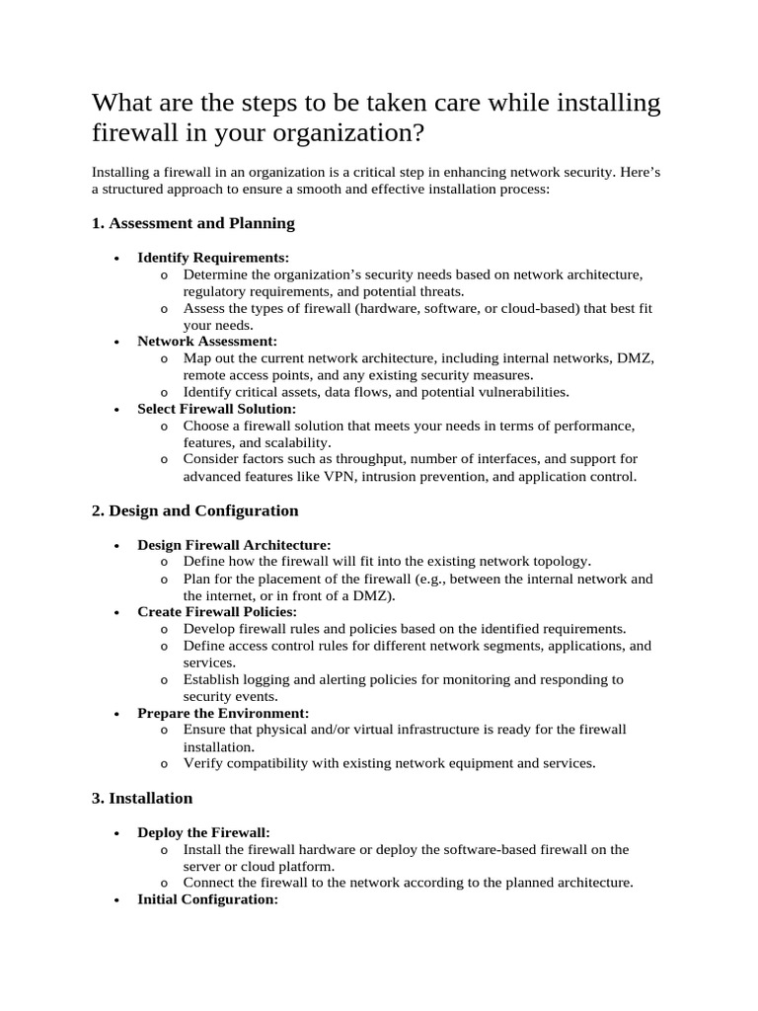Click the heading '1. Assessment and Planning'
click(192, 223)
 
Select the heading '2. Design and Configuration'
click(194, 510)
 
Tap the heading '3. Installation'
click(142, 798)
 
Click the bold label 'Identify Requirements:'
click(212, 257)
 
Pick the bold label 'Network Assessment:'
click(207, 341)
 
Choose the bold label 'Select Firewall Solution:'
click(216, 408)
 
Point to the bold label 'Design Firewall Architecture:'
click(234, 544)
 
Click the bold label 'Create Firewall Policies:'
click(217, 612)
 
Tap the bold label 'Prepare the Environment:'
click(223, 713)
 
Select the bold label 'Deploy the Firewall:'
click(203, 832)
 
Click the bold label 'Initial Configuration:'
click(207, 899)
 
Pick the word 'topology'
click(563, 561)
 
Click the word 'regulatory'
click(217, 291)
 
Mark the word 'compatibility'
click(268, 763)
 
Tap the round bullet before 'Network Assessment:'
click(117, 342)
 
